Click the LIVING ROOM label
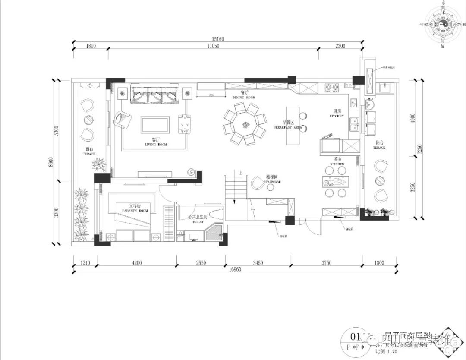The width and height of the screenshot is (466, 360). click(156, 144)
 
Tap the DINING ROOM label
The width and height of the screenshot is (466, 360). click(244, 98)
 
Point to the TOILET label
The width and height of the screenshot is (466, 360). click(198, 222)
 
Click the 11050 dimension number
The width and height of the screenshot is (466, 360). click(213, 46)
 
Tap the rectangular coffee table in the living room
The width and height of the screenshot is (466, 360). click(154, 124)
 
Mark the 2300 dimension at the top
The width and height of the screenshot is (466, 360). click(339, 46)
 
